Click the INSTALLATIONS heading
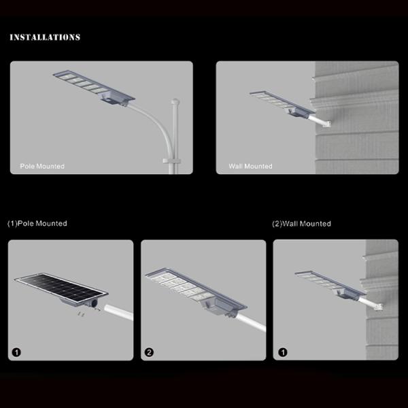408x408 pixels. (45, 37)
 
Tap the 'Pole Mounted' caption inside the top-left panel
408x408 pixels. (42, 166)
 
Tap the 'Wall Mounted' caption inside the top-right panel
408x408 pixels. (250, 166)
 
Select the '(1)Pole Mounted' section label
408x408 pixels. (37, 223)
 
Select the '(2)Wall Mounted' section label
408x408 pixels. (301, 223)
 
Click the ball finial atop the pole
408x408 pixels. (175, 103)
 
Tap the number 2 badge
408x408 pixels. (150, 352)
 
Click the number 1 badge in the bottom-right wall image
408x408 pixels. (283, 352)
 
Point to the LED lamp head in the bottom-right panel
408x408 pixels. (326, 284)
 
